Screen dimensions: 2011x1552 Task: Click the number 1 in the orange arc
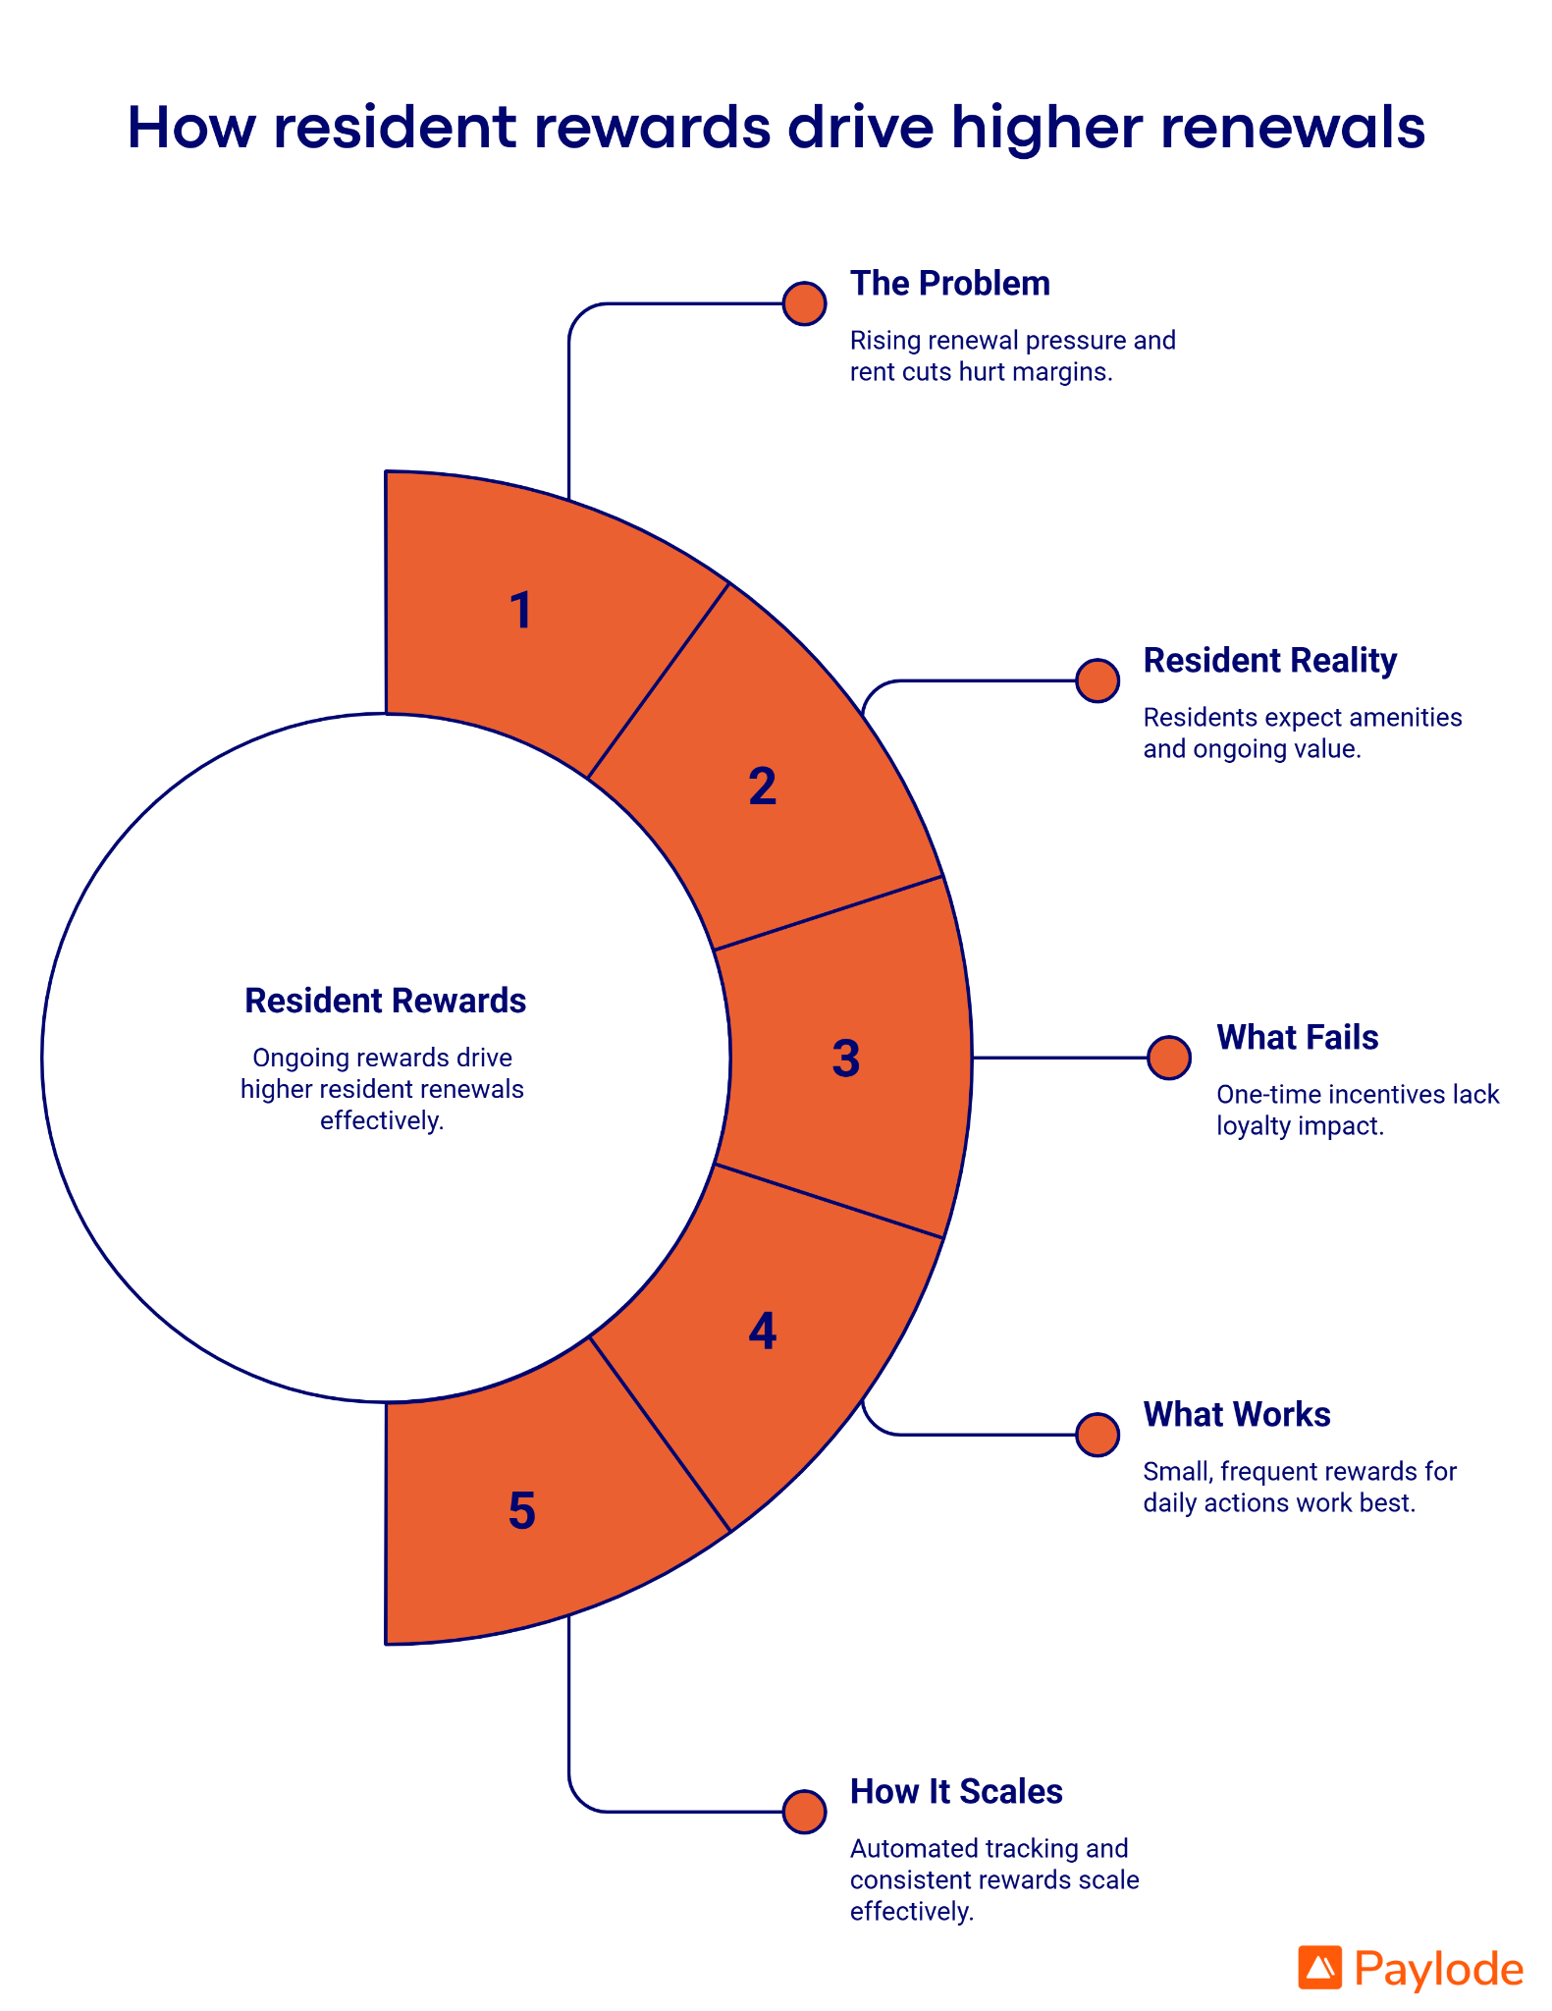(521, 610)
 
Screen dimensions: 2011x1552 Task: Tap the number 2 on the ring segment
(762, 787)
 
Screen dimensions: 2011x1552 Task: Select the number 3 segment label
(845, 1059)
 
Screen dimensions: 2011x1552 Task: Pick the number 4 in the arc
(762, 1331)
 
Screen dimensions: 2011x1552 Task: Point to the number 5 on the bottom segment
(521, 1510)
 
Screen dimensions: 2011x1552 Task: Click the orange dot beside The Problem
(804, 304)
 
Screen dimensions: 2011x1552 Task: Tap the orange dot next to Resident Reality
(1097, 680)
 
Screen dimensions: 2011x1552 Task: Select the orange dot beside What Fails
(1169, 1058)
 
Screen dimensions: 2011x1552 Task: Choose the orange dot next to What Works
(1097, 1435)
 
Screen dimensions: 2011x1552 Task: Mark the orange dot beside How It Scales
(804, 1812)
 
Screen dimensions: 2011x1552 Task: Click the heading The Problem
(949, 284)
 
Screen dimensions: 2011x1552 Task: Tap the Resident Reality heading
(1269, 661)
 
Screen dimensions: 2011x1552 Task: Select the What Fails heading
(1297, 1038)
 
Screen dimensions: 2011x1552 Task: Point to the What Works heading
(1236, 1415)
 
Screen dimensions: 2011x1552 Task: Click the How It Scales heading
(955, 1792)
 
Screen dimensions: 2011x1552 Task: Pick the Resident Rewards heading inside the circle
(385, 1001)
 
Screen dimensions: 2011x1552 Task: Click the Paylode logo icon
(1319, 1968)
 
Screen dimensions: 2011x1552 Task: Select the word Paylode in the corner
(1438, 1969)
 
